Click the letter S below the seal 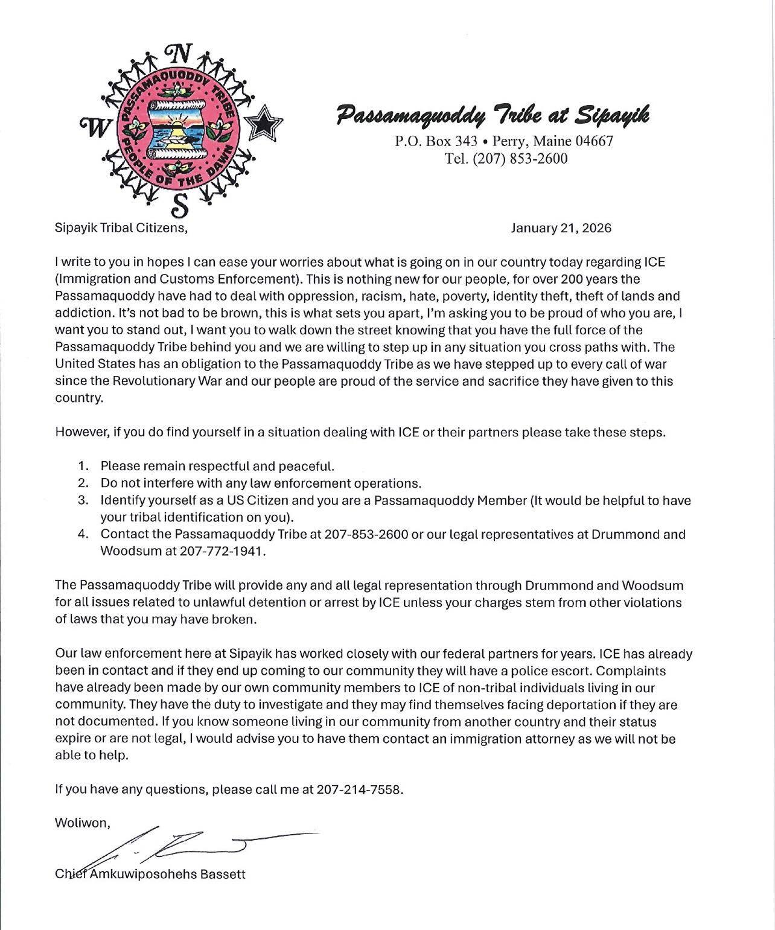click(x=179, y=206)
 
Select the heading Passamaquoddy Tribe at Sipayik click(x=493, y=113)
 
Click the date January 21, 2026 click(x=561, y=228)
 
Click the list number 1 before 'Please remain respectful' click(x=83, y=466)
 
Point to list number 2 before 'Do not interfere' click(x=83, y=483)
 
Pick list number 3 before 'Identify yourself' click(x=83, y=500)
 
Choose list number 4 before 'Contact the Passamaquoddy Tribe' click(x=83, y=534)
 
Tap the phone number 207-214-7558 click(x=359, y=789)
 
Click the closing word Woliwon click(x=82, y=823)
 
